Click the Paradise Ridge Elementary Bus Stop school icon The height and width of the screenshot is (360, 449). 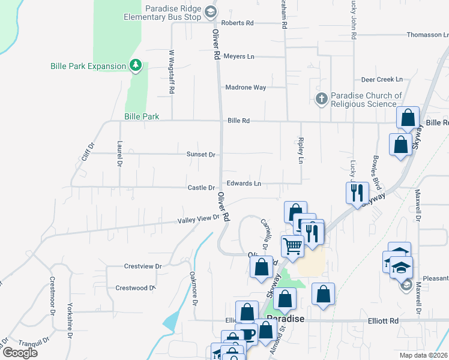[x=210, y=11]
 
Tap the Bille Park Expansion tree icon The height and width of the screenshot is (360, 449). [x=136, y=65]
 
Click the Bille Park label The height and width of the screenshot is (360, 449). [x=142, y=116]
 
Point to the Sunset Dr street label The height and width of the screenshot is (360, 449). [x=200, y=154]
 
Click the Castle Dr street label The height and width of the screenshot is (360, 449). [x=201, y=188]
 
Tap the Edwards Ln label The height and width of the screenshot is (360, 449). [x=244, y=184]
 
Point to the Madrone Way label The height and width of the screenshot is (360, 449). [x=246, y=88]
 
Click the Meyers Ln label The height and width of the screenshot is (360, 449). [x=239, y=56]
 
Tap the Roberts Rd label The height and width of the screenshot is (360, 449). [x=237, y=23]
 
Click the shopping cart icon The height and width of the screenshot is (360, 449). [x=292, y=245]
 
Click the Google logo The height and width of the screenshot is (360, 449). [x=20, y=353]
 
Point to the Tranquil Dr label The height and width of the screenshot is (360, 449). [x=34, y=341]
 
